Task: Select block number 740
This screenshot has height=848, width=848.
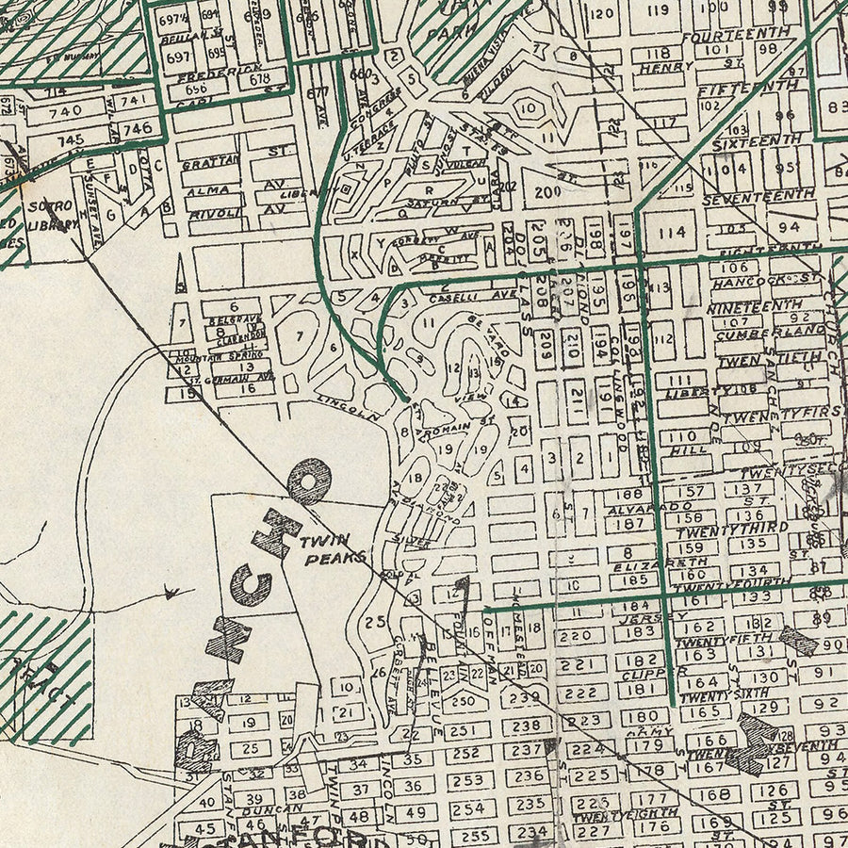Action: [71, 110]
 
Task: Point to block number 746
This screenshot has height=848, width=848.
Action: [137, 128]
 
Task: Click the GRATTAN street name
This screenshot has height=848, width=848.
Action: [210, 161]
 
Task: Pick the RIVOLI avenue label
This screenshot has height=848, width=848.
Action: [209, 214]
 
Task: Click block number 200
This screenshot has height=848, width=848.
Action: [547, 191]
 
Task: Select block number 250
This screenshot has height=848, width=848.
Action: [463, 700]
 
